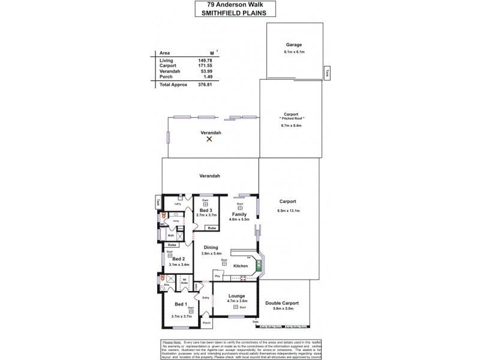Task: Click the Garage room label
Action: [x=293, y=44]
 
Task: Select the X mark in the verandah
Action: [x=209, y=139]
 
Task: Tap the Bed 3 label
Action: [x=206, y=210]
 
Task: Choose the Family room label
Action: [x=239, y=214]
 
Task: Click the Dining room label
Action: [x=210, y=247]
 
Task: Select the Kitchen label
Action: [x=240, y=265]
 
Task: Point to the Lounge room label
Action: [x=235, y=296]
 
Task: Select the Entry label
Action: [x=206, y=298]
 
